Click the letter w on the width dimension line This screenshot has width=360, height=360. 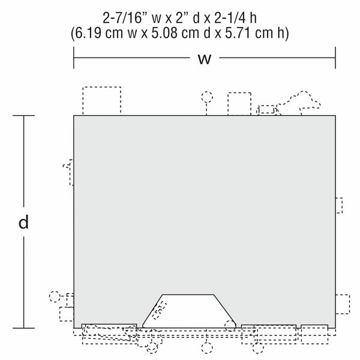205,59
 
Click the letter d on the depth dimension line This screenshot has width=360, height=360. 23,222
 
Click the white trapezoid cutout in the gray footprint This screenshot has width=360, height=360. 189,311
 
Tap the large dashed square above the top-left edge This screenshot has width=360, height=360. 102,87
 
